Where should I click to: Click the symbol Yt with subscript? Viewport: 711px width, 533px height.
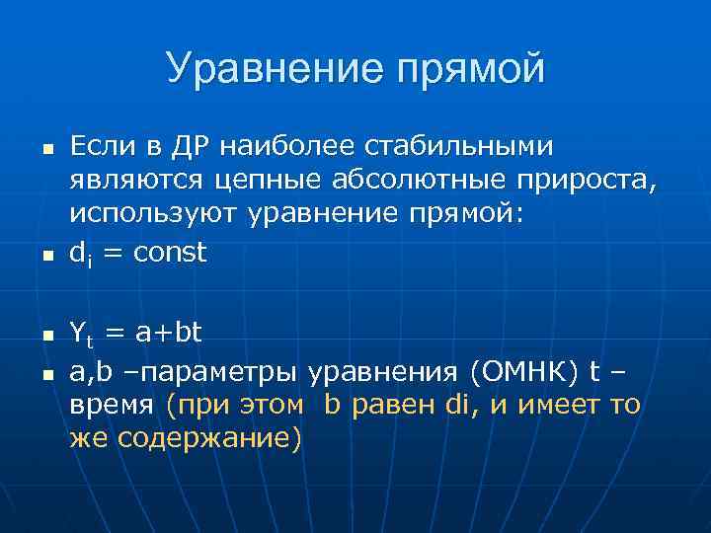pyautogui.click(x=82, y=336)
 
